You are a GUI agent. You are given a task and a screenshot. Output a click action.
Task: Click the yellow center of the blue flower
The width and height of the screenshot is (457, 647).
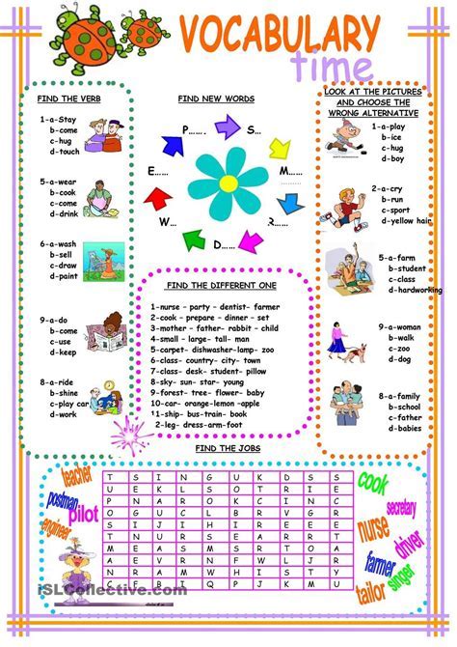[228, 183]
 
